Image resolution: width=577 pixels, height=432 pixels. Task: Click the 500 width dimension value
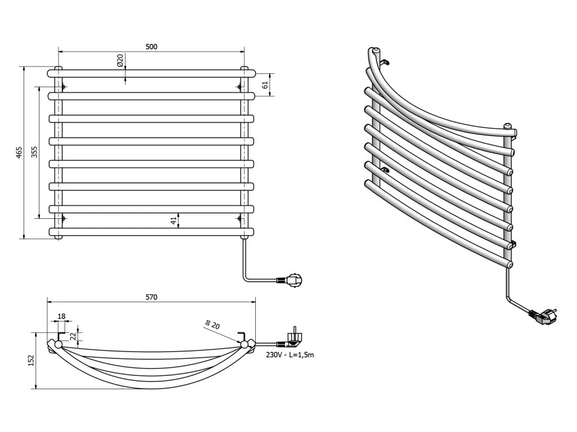pos(151,47)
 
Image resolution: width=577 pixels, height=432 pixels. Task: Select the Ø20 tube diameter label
pos(120,61)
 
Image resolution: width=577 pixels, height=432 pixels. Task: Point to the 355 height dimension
pos(34,152)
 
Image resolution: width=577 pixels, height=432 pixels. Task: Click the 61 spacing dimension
pos(265,84)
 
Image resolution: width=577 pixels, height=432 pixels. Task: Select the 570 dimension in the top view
pos(151,296)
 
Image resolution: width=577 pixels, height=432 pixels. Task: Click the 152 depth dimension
pos(31,359)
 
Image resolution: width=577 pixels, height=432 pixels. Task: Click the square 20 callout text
pos(212,324)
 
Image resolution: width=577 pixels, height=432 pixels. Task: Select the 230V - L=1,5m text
pos(291,354)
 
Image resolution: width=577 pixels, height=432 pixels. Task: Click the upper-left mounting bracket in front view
pos(63,87)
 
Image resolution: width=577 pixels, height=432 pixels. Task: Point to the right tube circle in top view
pos(245,344)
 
